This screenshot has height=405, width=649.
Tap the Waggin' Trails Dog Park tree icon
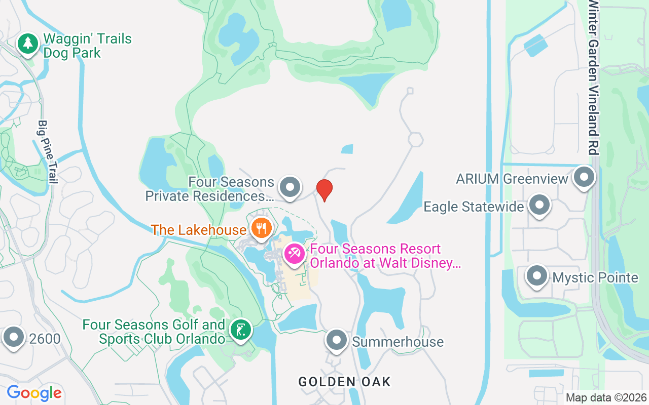pos(28,44)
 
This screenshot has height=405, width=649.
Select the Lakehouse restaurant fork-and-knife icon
pos(261,228)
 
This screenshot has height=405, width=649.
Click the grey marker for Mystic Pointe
pos(537,276)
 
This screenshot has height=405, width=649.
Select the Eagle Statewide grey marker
pos(539,206)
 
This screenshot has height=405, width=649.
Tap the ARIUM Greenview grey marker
pos(584,178)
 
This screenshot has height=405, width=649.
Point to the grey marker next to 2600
pos(13,337)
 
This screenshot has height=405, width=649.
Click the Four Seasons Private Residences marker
pos(290,187)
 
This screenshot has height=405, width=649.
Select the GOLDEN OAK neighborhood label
pos(345,382)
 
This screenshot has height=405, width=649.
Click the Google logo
pos(34,393)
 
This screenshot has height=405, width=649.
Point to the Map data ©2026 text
pos(606,398)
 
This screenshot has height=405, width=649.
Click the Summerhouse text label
pos(398,342)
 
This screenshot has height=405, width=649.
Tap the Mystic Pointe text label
pos(595,277)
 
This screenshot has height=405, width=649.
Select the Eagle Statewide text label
pos(474,207)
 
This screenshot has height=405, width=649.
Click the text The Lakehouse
pos(199,230)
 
